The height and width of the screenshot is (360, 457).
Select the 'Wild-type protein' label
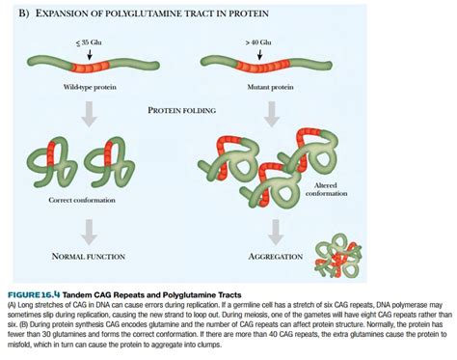click(93, 87)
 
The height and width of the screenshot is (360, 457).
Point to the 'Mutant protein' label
click(258, 87)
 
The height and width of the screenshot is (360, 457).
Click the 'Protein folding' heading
click(183, 110)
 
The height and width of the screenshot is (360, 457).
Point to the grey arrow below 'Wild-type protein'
click(88, 112)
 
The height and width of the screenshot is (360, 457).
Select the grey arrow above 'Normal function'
click(88, 230)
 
